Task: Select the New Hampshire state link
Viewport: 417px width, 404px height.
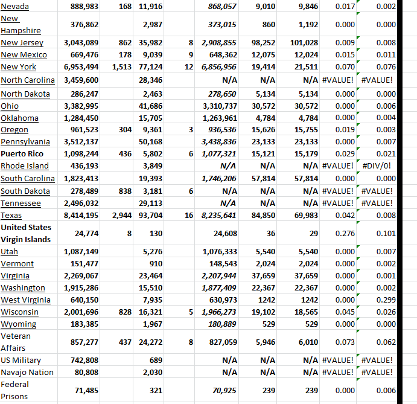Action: coord(21,24)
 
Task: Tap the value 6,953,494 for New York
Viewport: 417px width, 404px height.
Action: coord(81,67)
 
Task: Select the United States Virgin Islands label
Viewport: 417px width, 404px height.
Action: coord(26,233)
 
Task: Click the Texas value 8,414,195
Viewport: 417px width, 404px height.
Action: coord(81,216)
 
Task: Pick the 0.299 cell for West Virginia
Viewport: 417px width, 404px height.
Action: coord(386,300)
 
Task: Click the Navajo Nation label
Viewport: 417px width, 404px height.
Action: coord(27,373)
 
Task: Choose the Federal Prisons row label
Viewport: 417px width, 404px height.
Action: coord(15,390)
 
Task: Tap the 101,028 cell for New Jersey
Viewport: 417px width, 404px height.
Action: coord(304,43)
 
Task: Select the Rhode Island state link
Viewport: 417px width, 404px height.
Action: coord(25,166)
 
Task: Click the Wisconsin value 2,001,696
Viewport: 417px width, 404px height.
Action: coord(81,312)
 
